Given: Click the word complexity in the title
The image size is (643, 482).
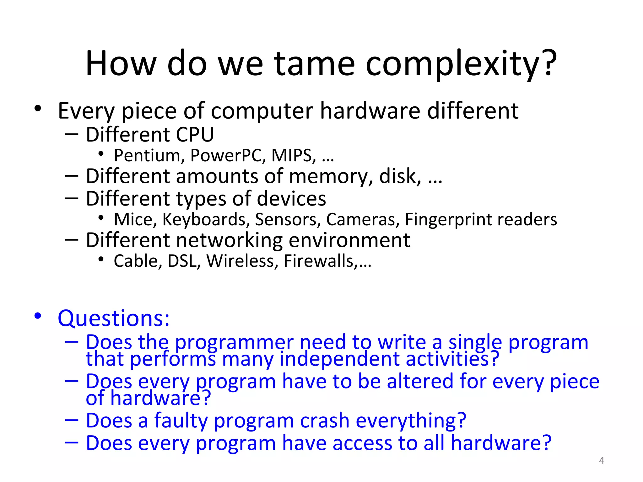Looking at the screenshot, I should tap(462, 64).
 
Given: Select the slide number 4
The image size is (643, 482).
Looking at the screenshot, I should tap(601, 460).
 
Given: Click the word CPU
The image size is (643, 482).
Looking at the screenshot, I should tap(195, 135).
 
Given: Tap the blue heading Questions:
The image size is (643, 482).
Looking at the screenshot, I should tap(114, 319).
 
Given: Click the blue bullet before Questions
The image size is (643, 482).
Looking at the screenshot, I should tap(38, 316).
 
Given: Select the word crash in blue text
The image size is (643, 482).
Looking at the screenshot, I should tap(325, 420).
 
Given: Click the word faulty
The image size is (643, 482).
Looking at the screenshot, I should tap(181, 420).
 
